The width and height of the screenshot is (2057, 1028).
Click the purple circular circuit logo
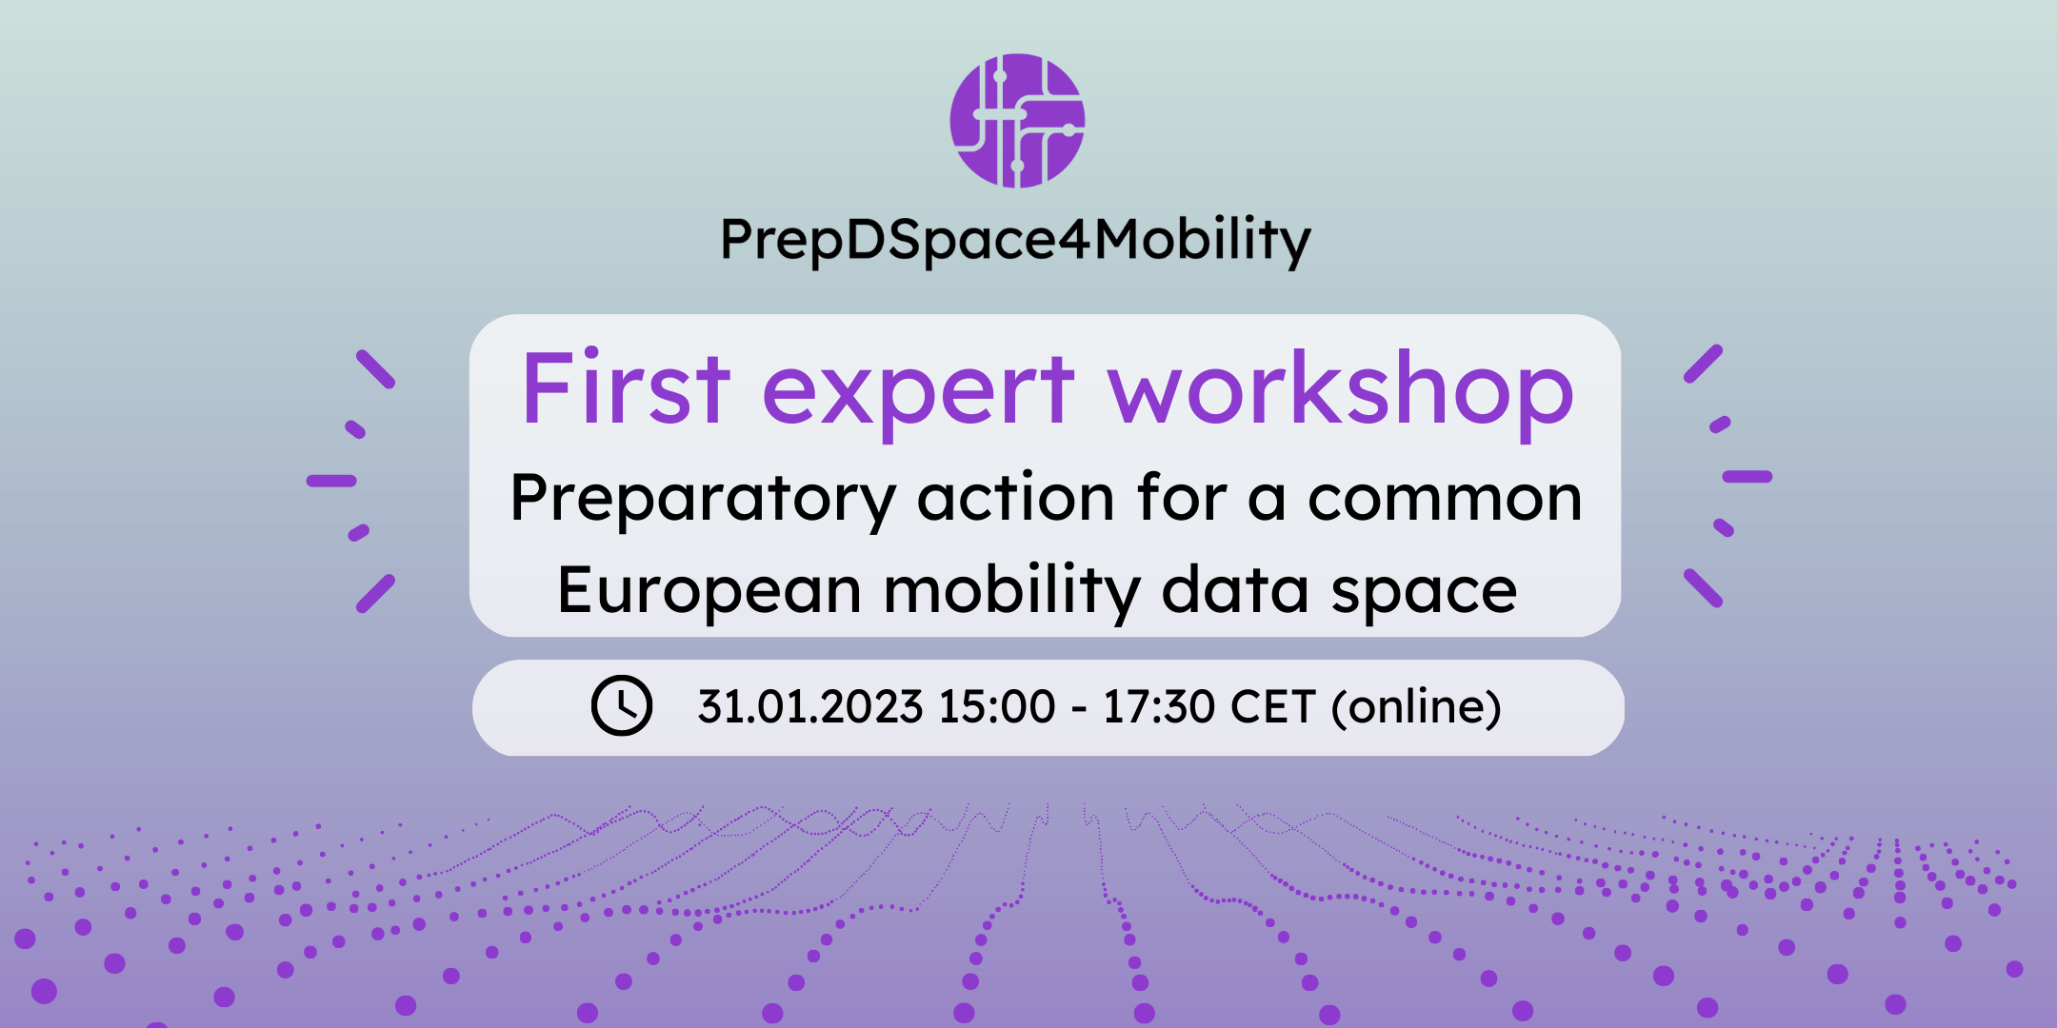(1017, 121)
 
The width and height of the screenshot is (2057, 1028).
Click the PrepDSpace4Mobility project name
(1016, 240)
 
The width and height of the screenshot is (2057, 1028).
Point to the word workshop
(1341, 390)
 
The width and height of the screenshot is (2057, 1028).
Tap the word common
(1445, 499)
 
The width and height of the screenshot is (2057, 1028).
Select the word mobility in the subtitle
(1011, 591)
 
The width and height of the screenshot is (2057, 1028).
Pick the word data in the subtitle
(1235, 589)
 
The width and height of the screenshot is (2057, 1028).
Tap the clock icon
(622, 705)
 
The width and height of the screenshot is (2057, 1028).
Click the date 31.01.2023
(810, 707)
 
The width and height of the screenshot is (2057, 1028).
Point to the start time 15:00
(997, 707)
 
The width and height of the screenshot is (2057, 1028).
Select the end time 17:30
(1159, 707)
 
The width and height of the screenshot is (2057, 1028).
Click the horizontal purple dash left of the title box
(331, 481)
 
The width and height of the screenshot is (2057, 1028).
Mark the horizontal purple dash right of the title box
(1747, 476)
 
